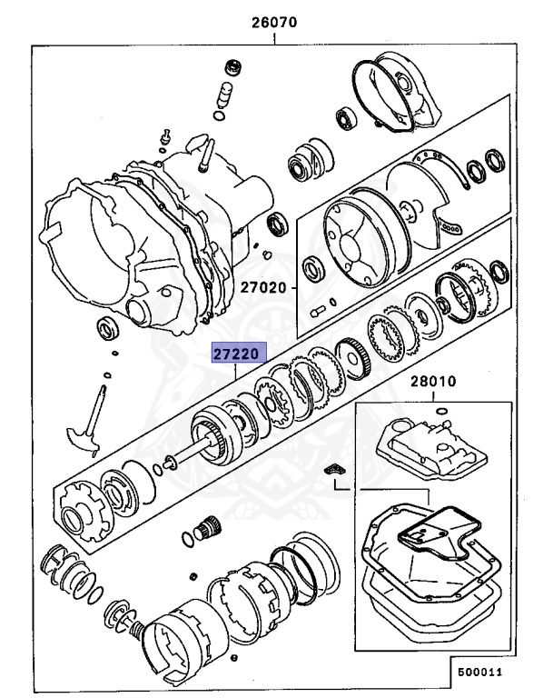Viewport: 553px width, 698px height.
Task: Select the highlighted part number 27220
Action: click(238, 353)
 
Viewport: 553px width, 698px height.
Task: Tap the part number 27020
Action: click(263, 287)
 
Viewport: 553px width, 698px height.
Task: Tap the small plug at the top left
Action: click(232, 68)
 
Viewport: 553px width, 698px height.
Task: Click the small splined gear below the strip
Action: click(211, 527)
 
